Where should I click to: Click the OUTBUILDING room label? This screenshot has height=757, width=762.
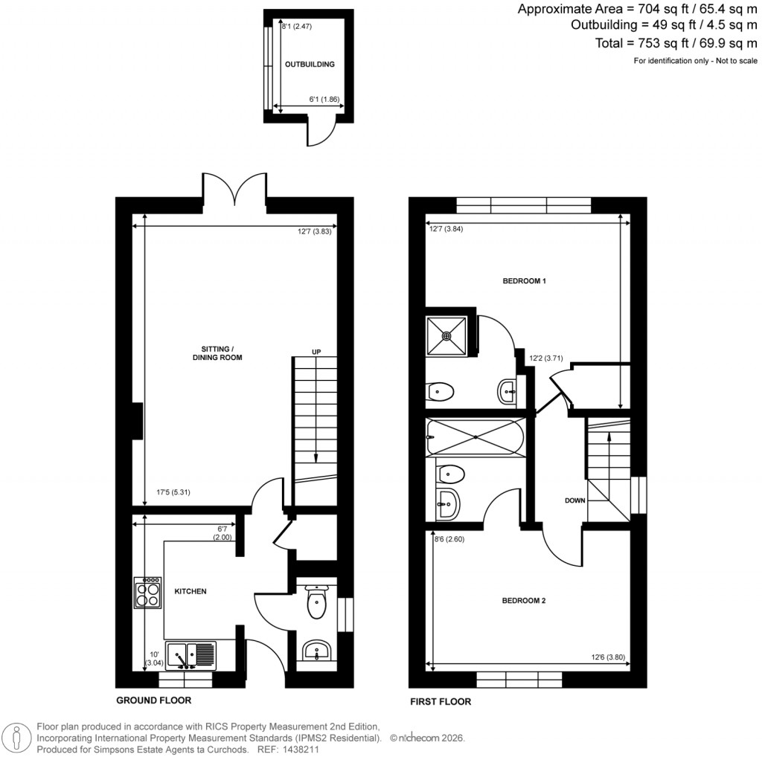point(310,65)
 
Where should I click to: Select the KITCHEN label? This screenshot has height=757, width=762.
point(190,591)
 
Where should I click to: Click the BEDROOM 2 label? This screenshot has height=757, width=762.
point(525,600)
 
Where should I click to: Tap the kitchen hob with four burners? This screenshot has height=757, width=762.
point(147,593)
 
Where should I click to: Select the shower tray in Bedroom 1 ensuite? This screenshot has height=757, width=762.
point(447,335)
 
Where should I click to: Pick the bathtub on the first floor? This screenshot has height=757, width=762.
point(475,437)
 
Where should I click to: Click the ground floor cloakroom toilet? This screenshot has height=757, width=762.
point(316,603)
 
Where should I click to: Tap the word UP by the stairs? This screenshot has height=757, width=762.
point(316,352)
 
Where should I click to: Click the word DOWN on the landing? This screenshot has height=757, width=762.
point(574,501)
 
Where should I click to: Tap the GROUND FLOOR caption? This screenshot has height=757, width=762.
point(153,700)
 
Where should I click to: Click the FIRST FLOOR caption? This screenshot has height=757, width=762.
point(441,701)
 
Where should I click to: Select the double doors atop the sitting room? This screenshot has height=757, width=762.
point(235,189)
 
